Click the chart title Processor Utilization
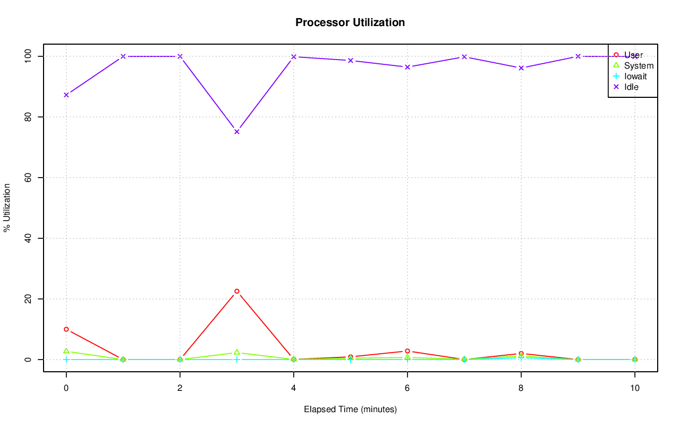point(350,22)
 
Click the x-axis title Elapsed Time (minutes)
point(350,410)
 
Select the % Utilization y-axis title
point(7,207)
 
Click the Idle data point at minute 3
point(237,132)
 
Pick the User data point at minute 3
point(237,291)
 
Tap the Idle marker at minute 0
point(66,95)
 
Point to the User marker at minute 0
point(66,329)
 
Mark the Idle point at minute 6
point(407,67)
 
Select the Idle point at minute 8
point(521,68)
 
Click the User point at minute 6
point(407,351)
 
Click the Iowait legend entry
point(635,76)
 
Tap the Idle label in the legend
point(631,87)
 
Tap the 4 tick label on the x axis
point(294,388)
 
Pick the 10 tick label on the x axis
point(635,388)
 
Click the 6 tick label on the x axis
point(407,388)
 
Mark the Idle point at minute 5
point(351,61)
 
